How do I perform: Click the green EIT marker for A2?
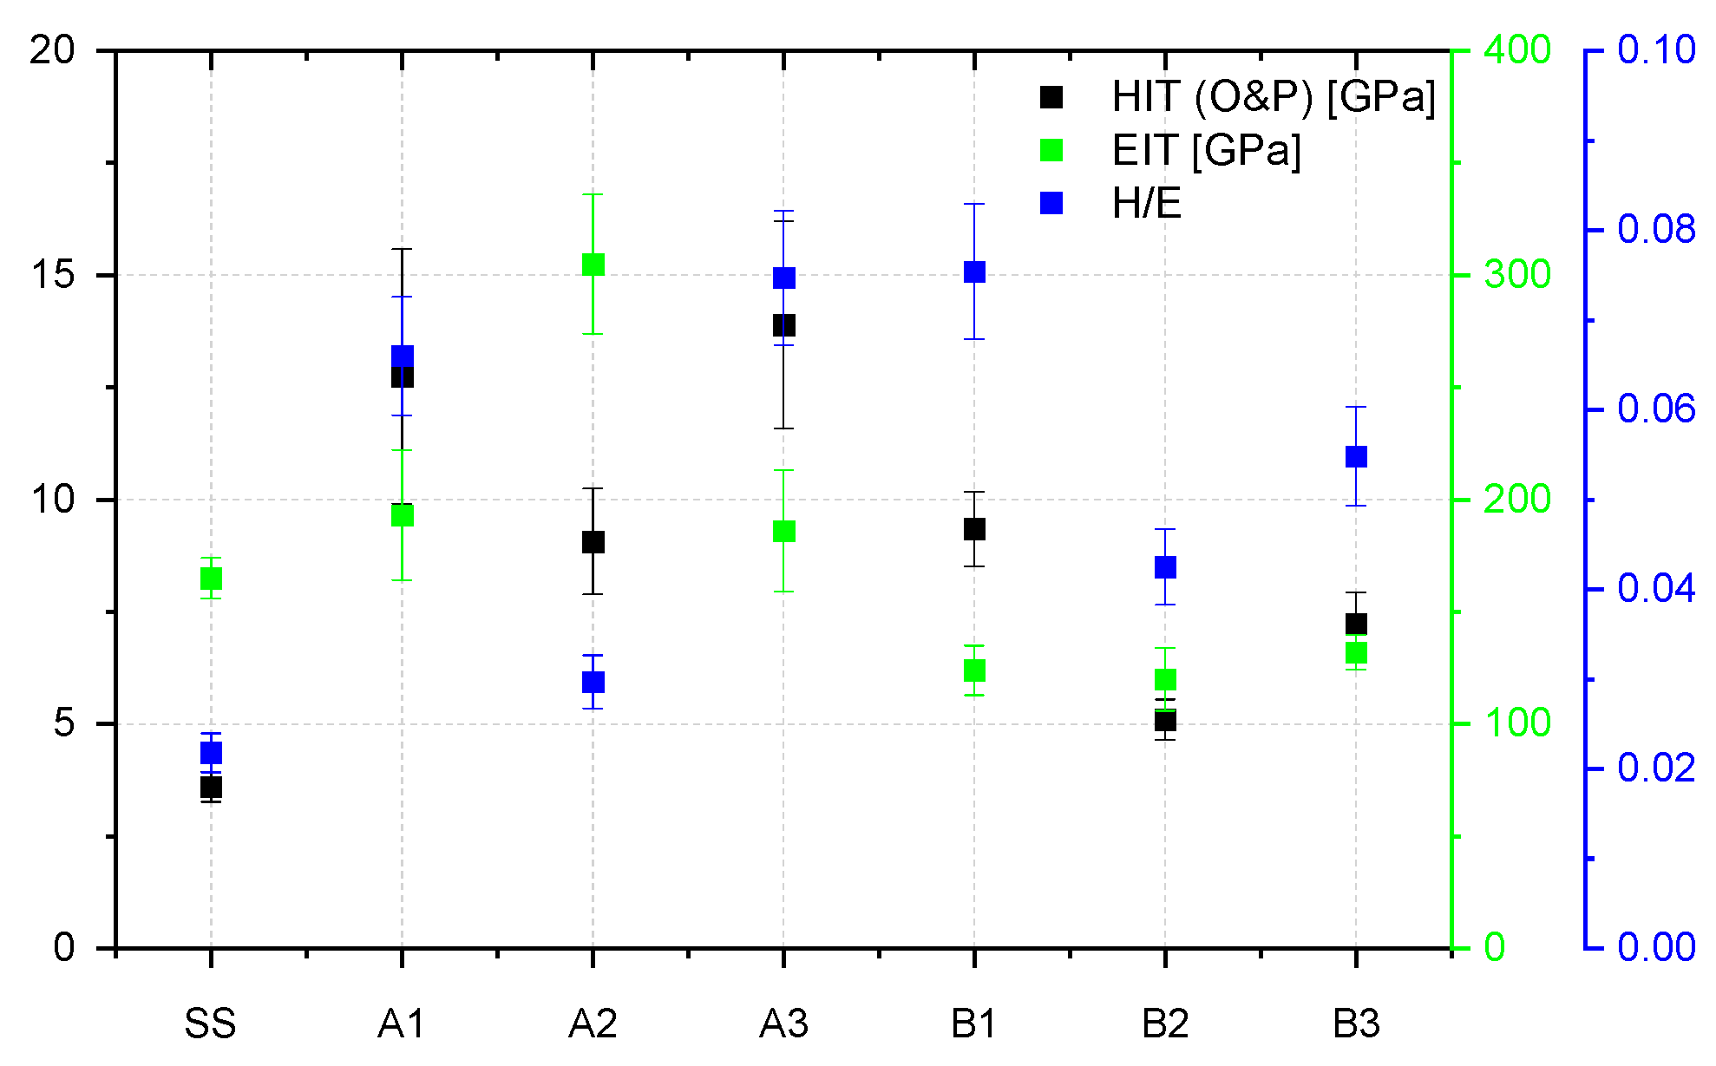coord(593,265)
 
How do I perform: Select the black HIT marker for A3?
coord(783,325)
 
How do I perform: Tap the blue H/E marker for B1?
coord(974,272)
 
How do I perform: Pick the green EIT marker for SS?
coord(211,579)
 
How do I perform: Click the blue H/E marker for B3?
coord(1356,457)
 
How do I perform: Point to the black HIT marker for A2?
coord(593,542)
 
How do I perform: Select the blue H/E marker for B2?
coord(1165,567)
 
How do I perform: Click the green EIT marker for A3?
coord(783,531)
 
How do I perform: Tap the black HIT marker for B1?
coord(974,529)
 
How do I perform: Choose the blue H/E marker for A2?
coord(593,682)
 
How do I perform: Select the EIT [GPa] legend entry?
coord(1206,150)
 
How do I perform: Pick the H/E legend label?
coord(1146,204)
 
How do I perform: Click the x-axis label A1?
coord(402,1024)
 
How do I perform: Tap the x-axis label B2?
coord(1165,1024)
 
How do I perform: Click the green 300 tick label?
coord(1517,275)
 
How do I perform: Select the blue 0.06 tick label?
coord(1655,409)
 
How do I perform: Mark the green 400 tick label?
coord(1517,50)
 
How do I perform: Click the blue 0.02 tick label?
coord(1655,768)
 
